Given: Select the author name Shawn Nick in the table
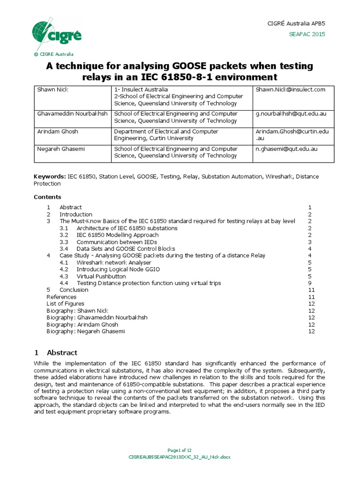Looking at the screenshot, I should pos(52,90).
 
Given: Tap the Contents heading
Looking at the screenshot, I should pos(47,197).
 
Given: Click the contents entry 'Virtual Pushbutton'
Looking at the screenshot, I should pos(101,277).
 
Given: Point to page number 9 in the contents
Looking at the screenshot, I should pos(310,283).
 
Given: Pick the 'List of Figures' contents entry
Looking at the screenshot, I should pos(65,304).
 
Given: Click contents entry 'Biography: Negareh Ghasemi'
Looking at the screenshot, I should pos(86,331).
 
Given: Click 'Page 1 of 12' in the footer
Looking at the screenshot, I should pos(180,450).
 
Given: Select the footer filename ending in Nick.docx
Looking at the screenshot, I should pos(180,457).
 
